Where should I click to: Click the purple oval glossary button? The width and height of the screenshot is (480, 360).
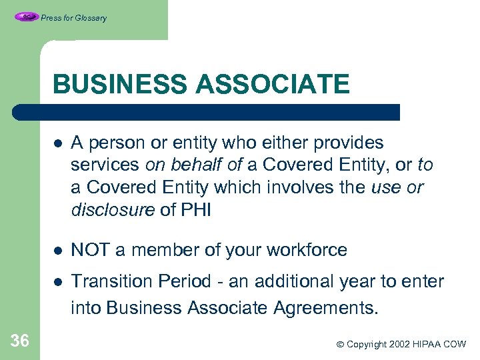click(x=26, y=17)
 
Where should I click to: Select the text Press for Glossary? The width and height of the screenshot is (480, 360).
click(x=73, y=18)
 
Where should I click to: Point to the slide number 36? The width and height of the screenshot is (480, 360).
click(x=20, y=341)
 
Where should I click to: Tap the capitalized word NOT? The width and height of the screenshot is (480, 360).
click(x=90, y=250)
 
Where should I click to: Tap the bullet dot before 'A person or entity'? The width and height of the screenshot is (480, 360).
click(x=59, y=143)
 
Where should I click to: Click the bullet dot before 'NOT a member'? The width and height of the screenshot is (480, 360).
click(x=59, y=251)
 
